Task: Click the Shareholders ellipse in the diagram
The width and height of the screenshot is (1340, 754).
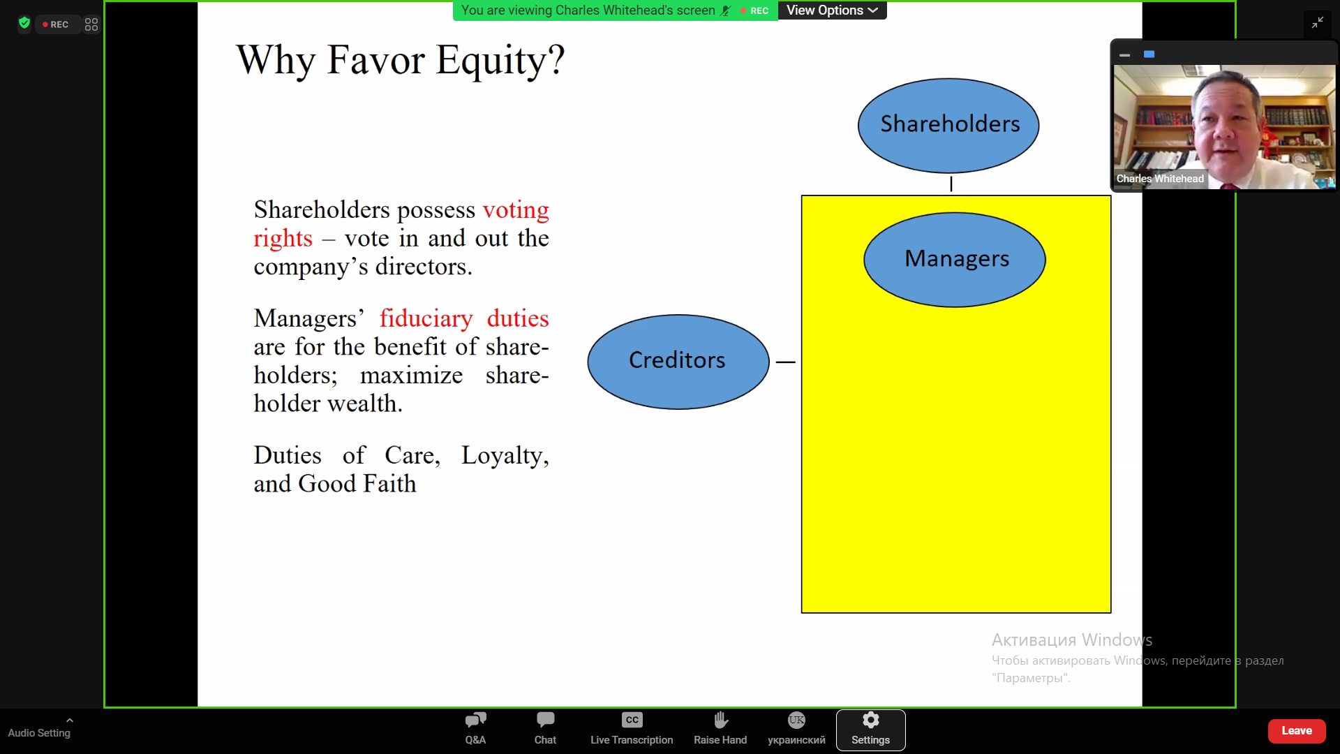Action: point(948,126)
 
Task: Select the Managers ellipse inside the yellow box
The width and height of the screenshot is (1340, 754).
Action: point(955,260)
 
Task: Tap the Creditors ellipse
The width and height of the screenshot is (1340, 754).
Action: point(678,362)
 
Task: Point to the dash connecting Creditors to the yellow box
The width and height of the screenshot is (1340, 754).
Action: point(786,362)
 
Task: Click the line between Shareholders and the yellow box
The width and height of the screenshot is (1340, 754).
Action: point(951,184)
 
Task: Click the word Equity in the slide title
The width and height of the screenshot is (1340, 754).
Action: point(492,60)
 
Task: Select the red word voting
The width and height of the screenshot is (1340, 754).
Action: point(516,209)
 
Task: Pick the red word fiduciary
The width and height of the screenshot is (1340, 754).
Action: point(426,318)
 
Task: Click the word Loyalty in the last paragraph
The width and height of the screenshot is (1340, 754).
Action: point(505,455)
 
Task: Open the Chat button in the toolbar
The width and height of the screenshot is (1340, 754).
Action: point(545,729)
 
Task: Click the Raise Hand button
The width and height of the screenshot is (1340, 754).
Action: point(720,729)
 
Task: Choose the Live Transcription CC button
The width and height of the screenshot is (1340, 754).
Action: point(632,729)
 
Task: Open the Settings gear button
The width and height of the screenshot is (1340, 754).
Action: point(870,730)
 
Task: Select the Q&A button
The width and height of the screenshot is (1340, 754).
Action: point(475,729)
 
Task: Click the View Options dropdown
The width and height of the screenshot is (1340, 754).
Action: point(832,10)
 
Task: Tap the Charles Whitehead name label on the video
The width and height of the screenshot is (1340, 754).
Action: point(1160,179)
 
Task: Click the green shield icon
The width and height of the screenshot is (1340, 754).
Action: point(24,24)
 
